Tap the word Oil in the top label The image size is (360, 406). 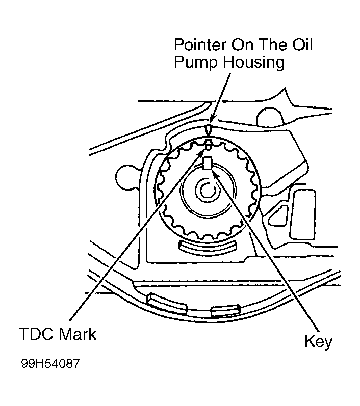(301, 45)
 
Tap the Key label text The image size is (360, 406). (318, 341)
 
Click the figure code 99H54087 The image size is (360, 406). (50, 365)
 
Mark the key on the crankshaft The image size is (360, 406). (207, 164)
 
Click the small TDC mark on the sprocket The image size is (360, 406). (208, 147)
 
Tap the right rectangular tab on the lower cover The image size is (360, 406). (225, 309)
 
